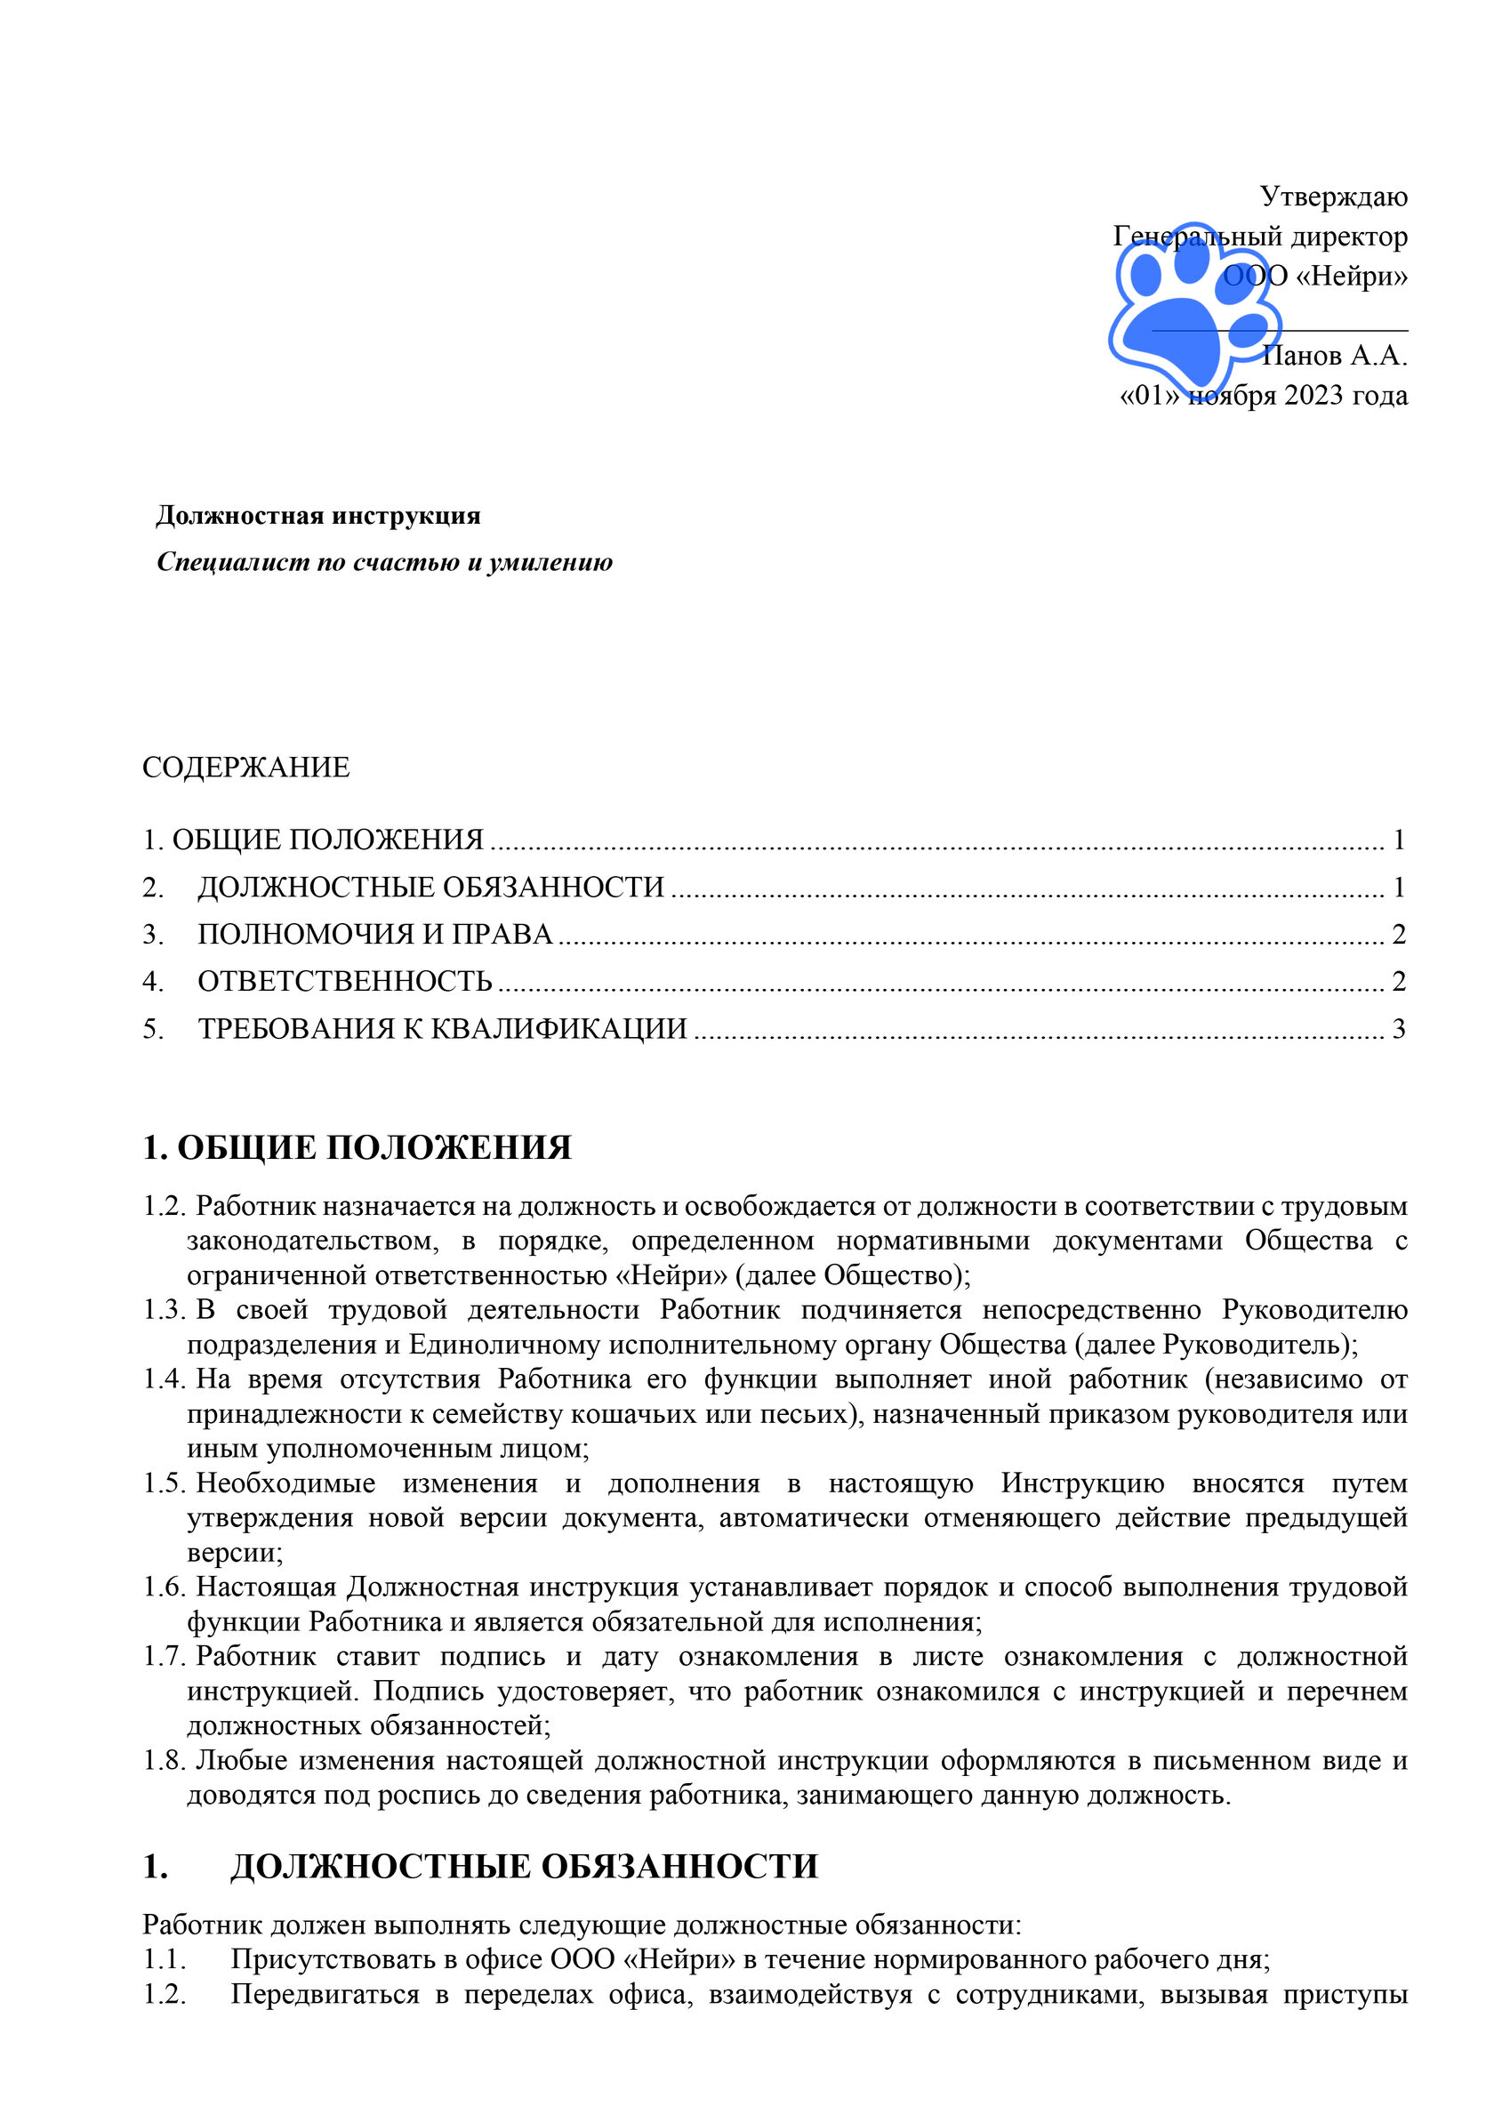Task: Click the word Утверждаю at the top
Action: point(1333,197)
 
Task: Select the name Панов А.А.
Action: point(1335,356)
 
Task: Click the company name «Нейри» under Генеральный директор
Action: point(1352,277)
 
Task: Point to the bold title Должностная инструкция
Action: point(317,516)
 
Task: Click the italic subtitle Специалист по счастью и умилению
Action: point(384,563)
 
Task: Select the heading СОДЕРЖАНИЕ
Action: point(245,768)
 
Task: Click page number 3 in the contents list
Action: point(1398,1029)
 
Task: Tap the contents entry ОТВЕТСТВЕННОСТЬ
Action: point(345,983)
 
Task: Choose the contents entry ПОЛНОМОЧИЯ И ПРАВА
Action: point(374,936)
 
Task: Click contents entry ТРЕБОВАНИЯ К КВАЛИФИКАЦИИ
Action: point(443,1029)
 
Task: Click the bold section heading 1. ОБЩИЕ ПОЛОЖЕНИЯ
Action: point(357,1148)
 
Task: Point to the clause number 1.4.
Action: point(165,1379)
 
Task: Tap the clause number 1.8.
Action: point(165,1760)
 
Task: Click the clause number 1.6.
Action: point(165,1588)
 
